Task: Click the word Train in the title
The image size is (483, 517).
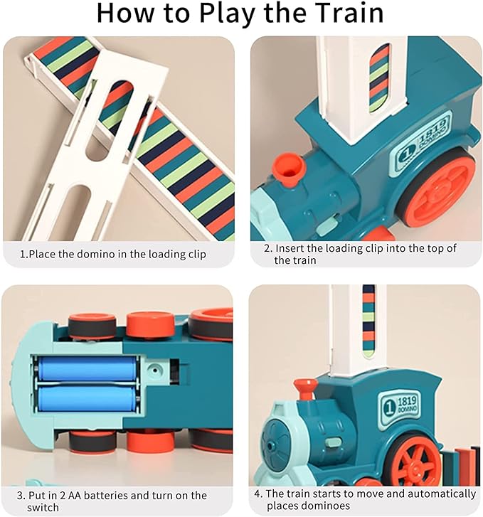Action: [342, 14]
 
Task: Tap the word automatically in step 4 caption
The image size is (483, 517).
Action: [439, 494]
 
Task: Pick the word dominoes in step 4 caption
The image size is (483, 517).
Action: [326, 506]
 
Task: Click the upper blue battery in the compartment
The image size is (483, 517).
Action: [87, 369]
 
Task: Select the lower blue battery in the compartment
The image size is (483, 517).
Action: [87, 398]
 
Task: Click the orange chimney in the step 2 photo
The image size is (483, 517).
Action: [288, 169]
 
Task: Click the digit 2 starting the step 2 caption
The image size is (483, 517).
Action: [267, 248]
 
